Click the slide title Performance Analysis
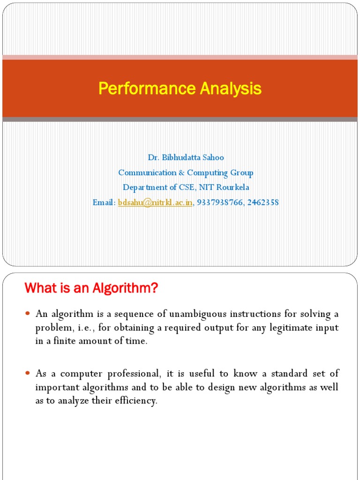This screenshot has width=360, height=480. tap(180, 89)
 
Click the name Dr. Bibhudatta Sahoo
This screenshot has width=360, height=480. tap(186, 157)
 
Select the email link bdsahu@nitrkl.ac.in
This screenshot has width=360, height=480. tap(155, 202)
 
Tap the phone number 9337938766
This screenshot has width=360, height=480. tap(217, 202)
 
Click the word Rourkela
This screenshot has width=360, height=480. tap(233, 187)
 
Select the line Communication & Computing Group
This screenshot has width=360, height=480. tap(186, 172)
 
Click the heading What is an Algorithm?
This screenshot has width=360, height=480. tap(91, 289)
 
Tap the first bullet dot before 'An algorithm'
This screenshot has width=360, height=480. tap(28, 313)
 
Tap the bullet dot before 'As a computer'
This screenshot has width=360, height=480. tap(28, 374)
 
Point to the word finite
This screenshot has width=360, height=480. tap(70, 341)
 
